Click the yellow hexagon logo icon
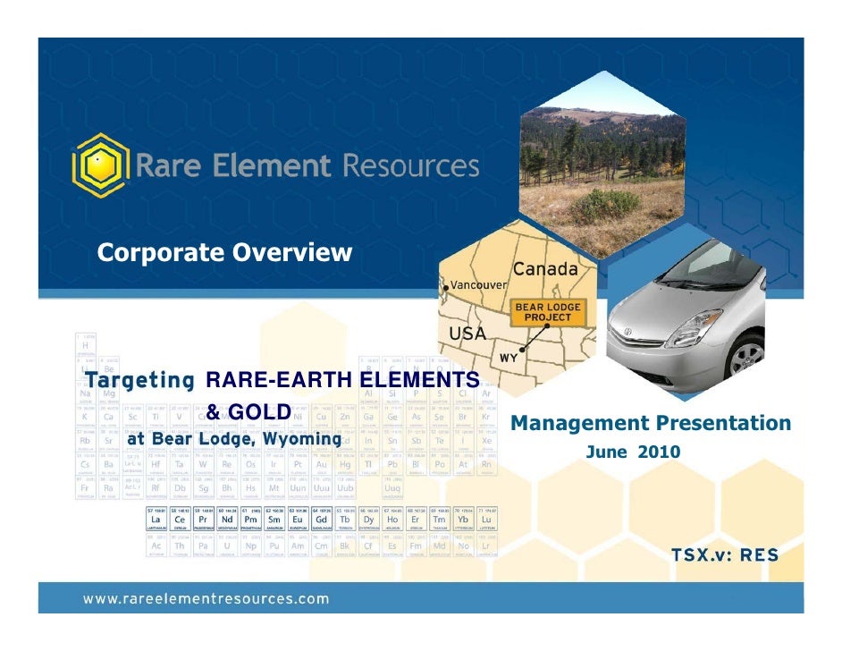tap(101, 165)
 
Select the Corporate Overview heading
tap(224, 253)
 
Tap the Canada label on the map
tap(544, 268)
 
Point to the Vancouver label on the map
tap(478, 284)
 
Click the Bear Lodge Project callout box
tap(547, 312)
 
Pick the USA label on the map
tap(467, 334)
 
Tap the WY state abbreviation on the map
tap(508, 358)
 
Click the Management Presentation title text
tap(651, 423)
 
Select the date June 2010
tap(633, 452)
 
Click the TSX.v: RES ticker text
tap(725, 555)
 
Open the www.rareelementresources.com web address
tap(206, 599)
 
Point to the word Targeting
tap(140, 379)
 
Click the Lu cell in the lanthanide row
tap(486, 519)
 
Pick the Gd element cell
tap(322, 519)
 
